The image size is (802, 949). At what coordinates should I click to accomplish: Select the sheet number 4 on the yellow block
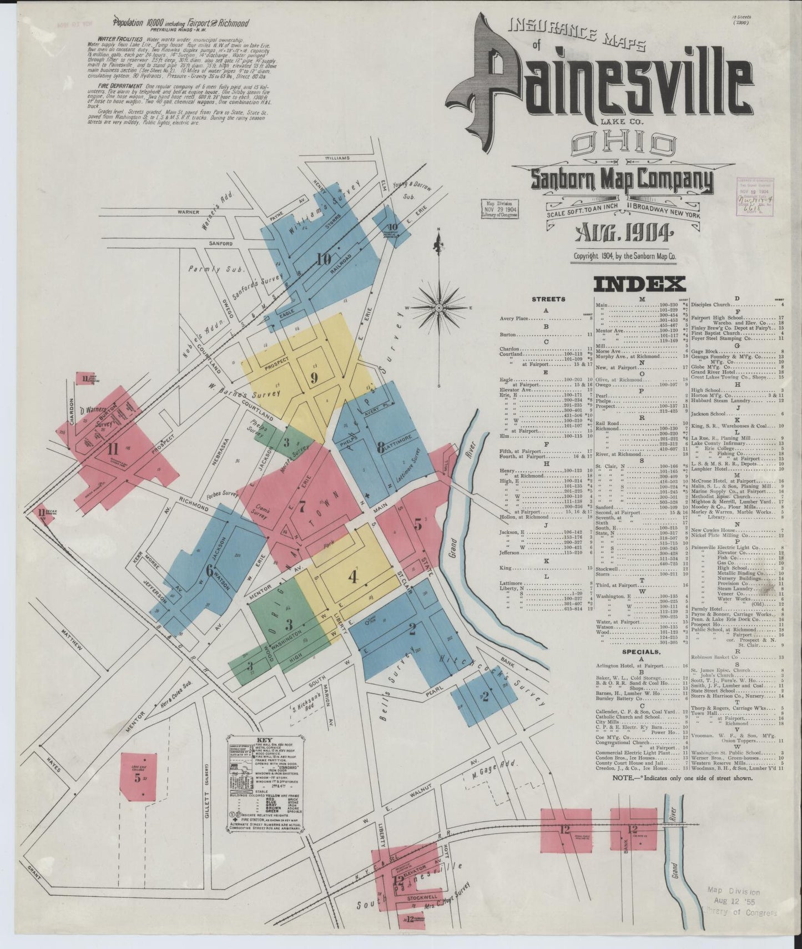click(352, 578)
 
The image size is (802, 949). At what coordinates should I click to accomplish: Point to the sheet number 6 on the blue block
click(209, 570)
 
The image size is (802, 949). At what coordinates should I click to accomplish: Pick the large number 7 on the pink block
click(302, 506)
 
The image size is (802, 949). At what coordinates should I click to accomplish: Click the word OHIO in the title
click(621, 145)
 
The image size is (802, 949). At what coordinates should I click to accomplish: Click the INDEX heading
click(639, 284)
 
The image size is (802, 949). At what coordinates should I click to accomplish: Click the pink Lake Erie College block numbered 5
click(137, 776)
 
